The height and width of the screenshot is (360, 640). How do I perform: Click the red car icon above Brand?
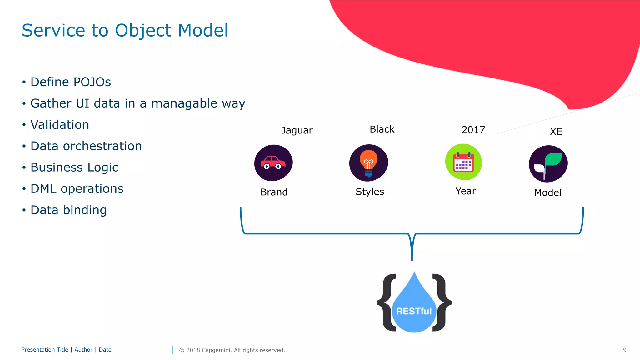point(273,163)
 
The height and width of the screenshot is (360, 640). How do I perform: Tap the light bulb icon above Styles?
point(369,163)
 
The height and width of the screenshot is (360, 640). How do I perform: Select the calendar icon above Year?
point(463,162)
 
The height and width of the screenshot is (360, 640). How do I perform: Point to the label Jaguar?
point(297,130)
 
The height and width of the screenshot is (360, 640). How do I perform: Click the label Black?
point(382,129)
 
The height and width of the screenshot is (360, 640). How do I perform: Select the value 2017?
point(473,130)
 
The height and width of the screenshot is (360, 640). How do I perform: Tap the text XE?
point(556,131)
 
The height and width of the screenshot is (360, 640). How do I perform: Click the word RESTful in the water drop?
point(414,311)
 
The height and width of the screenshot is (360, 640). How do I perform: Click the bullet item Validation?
point(60,125)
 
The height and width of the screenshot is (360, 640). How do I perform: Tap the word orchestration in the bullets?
point(102,146)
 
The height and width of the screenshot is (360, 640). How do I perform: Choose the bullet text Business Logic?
point(74,167)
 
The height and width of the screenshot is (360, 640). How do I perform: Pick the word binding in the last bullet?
point(85,210)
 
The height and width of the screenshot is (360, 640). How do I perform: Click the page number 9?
point(624,350)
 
